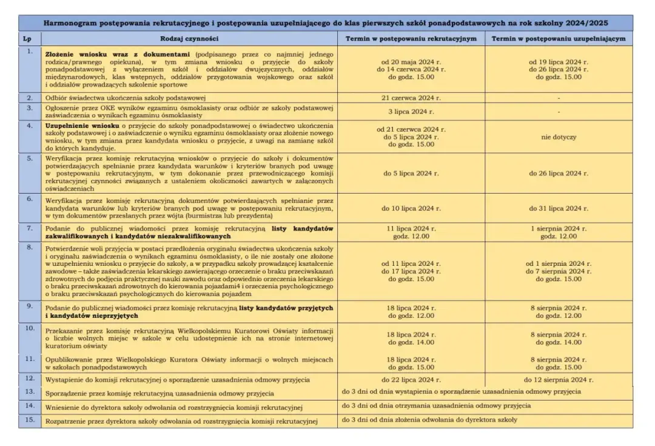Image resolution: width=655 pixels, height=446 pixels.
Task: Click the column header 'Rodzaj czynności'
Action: (189, 39)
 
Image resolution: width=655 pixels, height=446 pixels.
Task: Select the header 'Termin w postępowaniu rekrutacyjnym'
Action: (411, 39)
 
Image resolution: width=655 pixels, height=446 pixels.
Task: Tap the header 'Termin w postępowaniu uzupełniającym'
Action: (559, 39)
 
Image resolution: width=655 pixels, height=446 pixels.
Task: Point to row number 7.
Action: (30, 228)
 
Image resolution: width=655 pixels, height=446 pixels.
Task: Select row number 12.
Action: (30, 378)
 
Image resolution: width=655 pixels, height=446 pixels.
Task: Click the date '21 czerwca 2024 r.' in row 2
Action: (411, 97)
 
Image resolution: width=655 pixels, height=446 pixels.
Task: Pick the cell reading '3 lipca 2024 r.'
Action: (411, 112)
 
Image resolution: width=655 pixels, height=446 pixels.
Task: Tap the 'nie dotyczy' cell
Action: (559, 137)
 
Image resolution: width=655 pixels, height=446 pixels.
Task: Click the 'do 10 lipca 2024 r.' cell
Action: (411, 209)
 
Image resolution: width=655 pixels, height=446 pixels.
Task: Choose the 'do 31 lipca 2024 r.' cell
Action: (559, 209)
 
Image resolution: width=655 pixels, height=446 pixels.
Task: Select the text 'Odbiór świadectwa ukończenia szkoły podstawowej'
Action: (126, 98)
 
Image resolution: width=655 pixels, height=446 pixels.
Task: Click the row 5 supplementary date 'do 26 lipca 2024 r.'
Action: (559, 173)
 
